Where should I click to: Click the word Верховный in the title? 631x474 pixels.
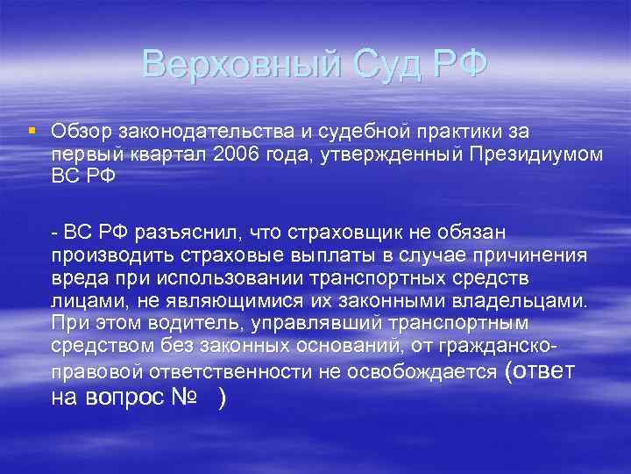click(x=232, y=64)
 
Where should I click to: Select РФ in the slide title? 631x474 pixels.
click(x=457, y=64)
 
